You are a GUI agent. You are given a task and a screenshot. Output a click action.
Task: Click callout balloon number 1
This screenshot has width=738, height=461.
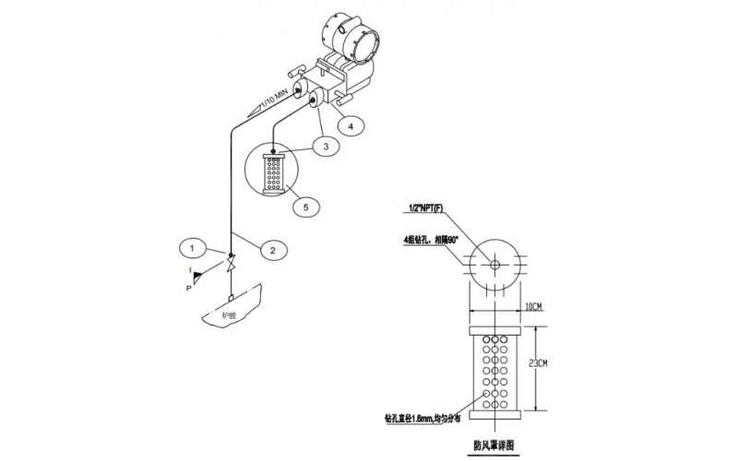tap(191, 247)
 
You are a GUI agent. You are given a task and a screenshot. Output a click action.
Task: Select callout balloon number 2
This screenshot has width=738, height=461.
tap(274, 247)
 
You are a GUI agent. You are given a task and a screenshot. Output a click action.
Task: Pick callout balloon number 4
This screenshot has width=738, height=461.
tap(349, 124)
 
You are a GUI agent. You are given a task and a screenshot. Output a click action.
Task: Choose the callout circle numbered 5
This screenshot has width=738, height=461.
tap(306, 207)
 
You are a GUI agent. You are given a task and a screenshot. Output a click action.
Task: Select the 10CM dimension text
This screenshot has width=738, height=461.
tap(536, 305)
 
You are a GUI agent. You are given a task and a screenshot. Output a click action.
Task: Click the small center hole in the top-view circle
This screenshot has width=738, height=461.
tap(494, 266)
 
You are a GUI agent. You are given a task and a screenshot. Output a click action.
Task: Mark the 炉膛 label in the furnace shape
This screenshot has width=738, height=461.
tap(229, 313)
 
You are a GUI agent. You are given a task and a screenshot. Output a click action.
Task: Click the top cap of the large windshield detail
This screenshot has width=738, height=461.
tap(495, 329)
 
